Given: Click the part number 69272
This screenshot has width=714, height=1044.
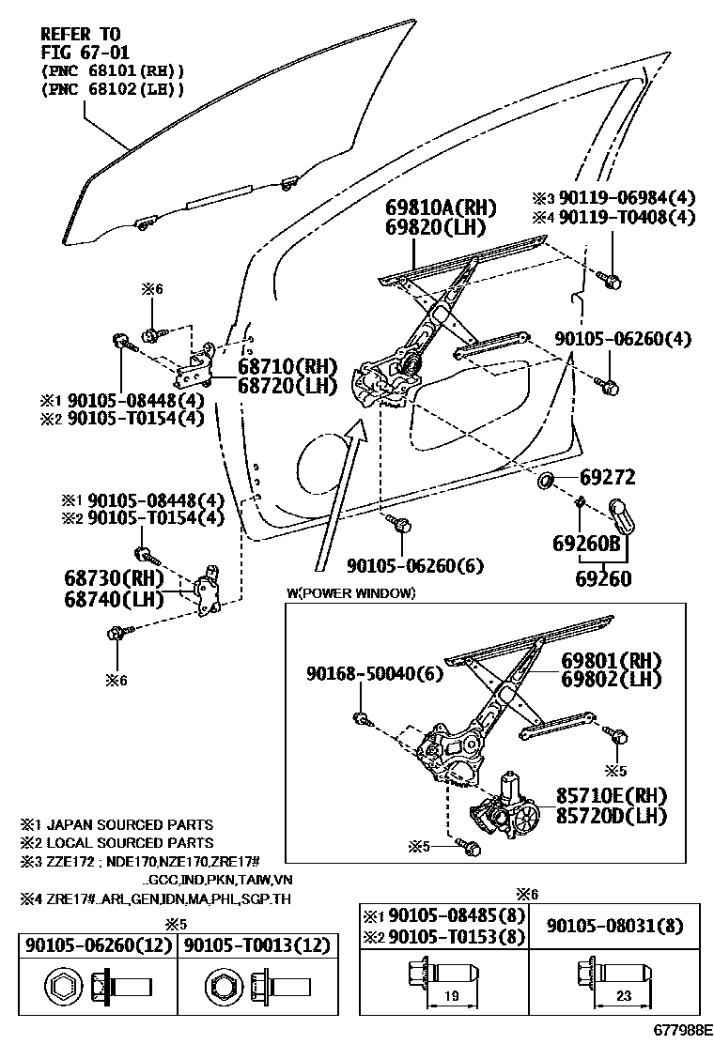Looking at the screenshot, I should pos(607,478).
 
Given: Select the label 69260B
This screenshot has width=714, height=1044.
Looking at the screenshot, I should pos(586,543).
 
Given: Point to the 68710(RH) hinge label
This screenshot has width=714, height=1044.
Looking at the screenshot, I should pos(281,367).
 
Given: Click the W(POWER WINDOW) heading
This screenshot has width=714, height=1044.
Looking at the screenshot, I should pos(349,593).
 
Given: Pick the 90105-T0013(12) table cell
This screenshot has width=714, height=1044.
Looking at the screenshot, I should pos(255,944).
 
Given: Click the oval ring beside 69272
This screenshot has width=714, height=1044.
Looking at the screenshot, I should pos(543,483).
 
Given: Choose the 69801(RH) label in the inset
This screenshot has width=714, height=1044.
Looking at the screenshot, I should pos(612,660).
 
